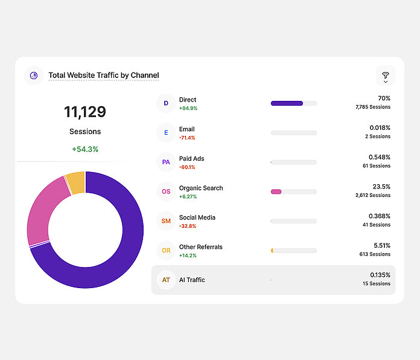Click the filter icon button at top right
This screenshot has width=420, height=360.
[385, 76]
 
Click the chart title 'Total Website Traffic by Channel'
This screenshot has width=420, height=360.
[104, 76]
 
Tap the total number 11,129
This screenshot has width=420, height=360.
[85, 112]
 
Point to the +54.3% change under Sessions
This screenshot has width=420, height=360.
[85, 149]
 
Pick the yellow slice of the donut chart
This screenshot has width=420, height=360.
[76, 182]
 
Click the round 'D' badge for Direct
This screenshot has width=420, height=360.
[166, 103]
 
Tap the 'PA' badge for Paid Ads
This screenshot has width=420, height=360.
[166, 162]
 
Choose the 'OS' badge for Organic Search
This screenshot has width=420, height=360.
[166, 191]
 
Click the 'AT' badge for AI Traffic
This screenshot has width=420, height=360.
[166, 280]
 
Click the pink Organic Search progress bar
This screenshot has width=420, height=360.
[276, 191]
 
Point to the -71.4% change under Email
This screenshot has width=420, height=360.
[187, 138]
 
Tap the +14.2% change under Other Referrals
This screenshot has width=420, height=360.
[188, 256]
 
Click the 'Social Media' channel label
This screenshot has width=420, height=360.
[197, 217]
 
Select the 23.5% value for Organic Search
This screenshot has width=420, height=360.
[381, 187]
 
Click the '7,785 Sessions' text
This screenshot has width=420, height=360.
[373, 107]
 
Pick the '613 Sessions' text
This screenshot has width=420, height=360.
[375, 254]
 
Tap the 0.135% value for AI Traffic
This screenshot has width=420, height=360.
[380, 275]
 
